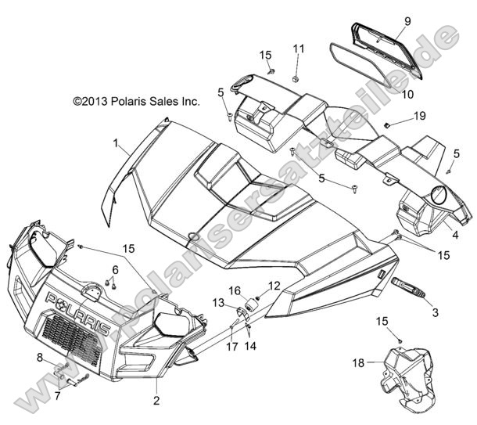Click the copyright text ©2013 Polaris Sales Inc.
tap(158, 101)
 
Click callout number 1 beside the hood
tap(138, 144)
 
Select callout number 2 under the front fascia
tap(157, 401)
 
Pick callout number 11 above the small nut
tap(298, 49)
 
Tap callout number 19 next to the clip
tap(419, 117)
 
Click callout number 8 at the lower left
tap(38, 358)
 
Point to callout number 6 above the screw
tap(115, 270)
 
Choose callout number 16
tap(235, 290)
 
